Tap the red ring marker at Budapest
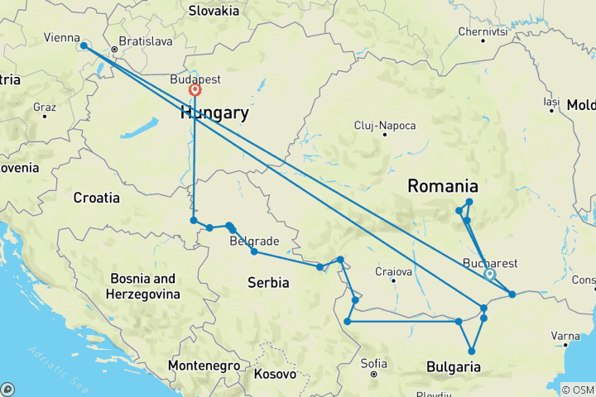[x=195, y=91]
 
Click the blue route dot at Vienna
[x=84, y=46]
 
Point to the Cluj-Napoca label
[x=384, y=126]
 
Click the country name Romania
[x=442, y=186]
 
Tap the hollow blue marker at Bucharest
[x=489, y=275]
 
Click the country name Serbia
[x=268, y=283]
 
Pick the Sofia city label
[x=374, y=363]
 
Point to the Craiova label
[x=393, y=271]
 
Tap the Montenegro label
[x=204, y=365]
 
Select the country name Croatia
[x=97, y=198]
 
